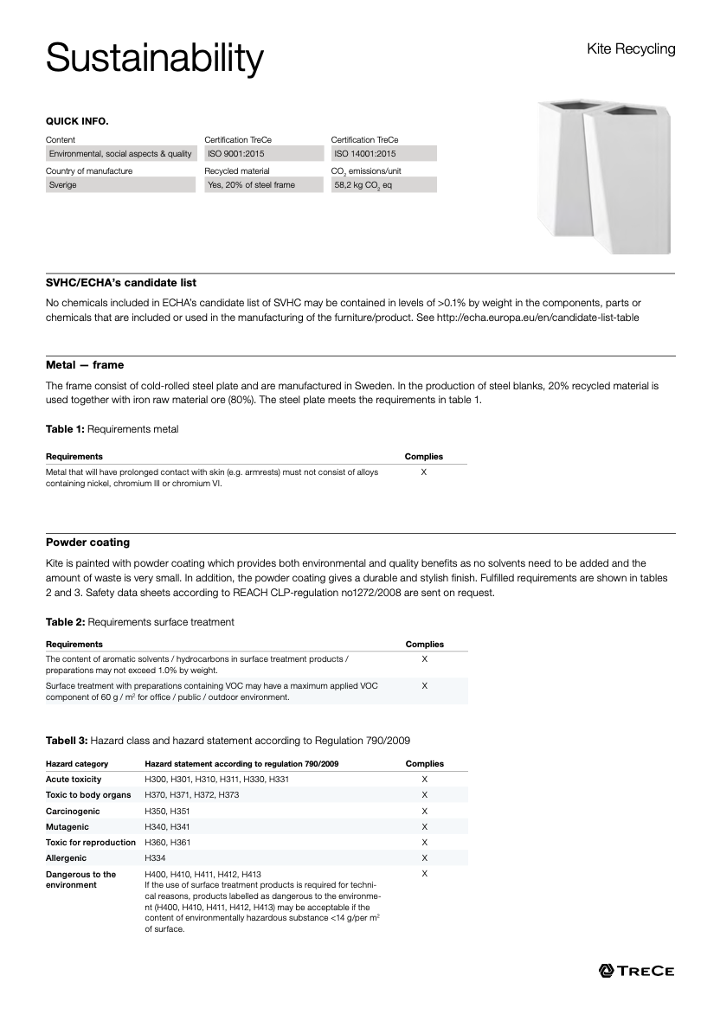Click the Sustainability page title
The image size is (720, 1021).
(x=154, y=59)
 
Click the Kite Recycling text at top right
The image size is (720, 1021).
(x=631, y=49)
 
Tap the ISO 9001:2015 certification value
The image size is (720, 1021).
(x=236, y=154)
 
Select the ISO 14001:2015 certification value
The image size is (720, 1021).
(x=365, y=154)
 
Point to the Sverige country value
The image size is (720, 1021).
(x=63, y=185)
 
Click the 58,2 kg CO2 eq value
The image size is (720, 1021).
(x=363, y=185)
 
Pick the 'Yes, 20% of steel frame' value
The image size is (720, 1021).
(x=251, y=185)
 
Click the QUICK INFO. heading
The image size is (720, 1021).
(x=77, y=121)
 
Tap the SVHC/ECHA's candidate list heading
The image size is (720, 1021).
(x=121, y=283)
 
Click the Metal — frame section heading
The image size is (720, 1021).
(x=85, y=365)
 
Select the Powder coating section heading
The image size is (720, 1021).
(x=87, y=543)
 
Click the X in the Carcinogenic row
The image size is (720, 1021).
(x=424, y=812)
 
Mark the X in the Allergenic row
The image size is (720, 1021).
(x=424, y=858)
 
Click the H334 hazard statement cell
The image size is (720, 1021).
(x=156, y=858)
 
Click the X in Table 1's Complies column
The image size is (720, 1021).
(x=423, y=472)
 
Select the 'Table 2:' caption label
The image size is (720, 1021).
(x=65, y=622)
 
